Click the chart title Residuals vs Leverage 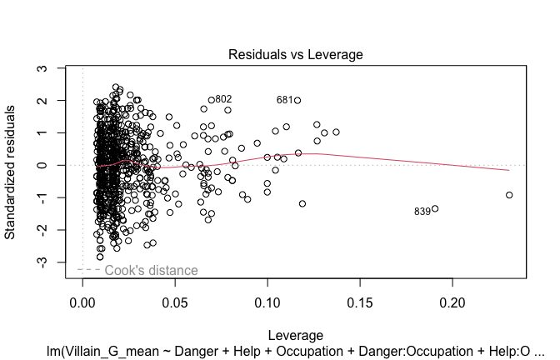point(296,54)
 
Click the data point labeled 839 point(435,209)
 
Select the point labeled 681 point(297,101)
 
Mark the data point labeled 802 point(212,101)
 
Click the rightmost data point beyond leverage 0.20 point(509,195)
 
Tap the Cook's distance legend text point(151,271)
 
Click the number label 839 point(422,212)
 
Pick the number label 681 point(284,100)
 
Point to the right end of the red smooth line point(508,170)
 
